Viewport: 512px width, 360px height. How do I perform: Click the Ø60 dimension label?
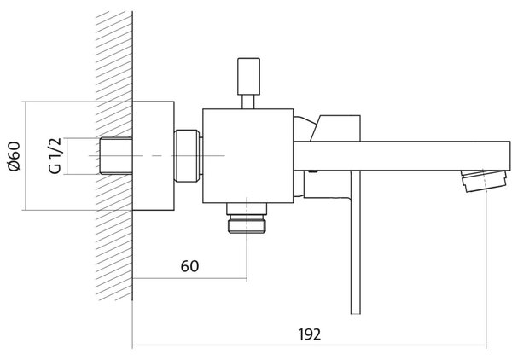tap(15, 156)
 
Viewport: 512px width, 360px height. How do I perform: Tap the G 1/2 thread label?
tap(55, 156)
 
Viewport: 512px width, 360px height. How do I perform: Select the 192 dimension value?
tap(309, 334)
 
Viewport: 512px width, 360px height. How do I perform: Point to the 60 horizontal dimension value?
tap(189, 266)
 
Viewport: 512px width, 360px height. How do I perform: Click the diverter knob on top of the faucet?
tap(249, 76)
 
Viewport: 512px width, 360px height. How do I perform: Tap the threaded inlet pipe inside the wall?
tap(116, 156)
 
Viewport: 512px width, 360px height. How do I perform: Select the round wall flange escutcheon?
tap(153, 155)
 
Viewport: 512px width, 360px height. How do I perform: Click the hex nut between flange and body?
tap(187, 155)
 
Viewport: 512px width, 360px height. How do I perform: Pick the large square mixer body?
tap(247, 155)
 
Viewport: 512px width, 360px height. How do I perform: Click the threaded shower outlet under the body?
tap(247, 218)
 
